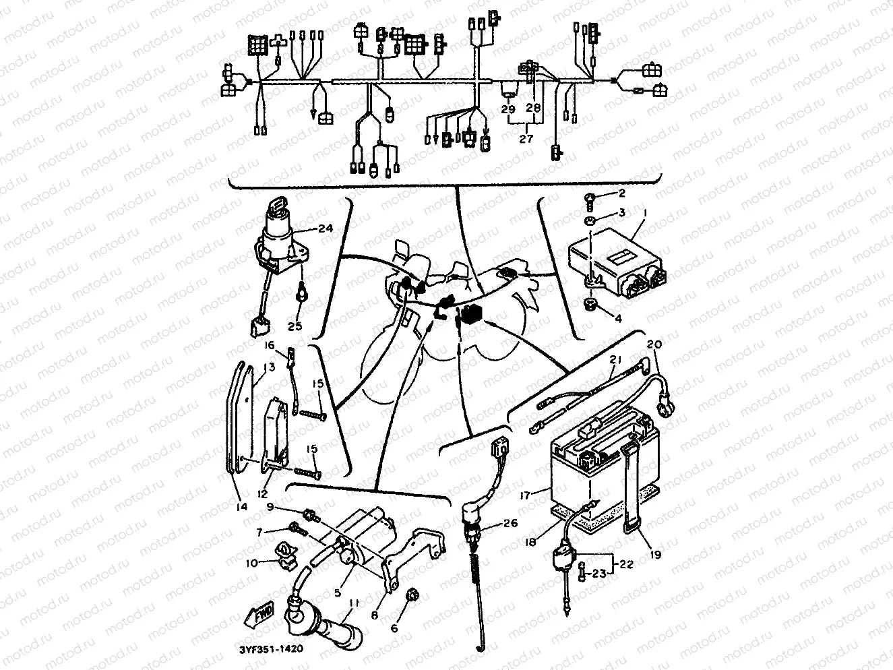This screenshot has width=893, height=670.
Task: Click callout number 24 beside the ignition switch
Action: pos(326,228)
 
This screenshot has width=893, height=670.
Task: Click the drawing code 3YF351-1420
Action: pos(270,649)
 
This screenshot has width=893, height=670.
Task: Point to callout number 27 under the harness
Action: pos(526,139)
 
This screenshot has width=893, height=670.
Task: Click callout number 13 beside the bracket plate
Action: pos(270,367)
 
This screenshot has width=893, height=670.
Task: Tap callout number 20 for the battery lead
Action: pos(654,344)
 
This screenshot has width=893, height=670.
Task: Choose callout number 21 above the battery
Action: pos(614,359)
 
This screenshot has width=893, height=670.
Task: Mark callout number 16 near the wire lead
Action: pos(270,345)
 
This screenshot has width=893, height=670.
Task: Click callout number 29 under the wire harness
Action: pos(508,109)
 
